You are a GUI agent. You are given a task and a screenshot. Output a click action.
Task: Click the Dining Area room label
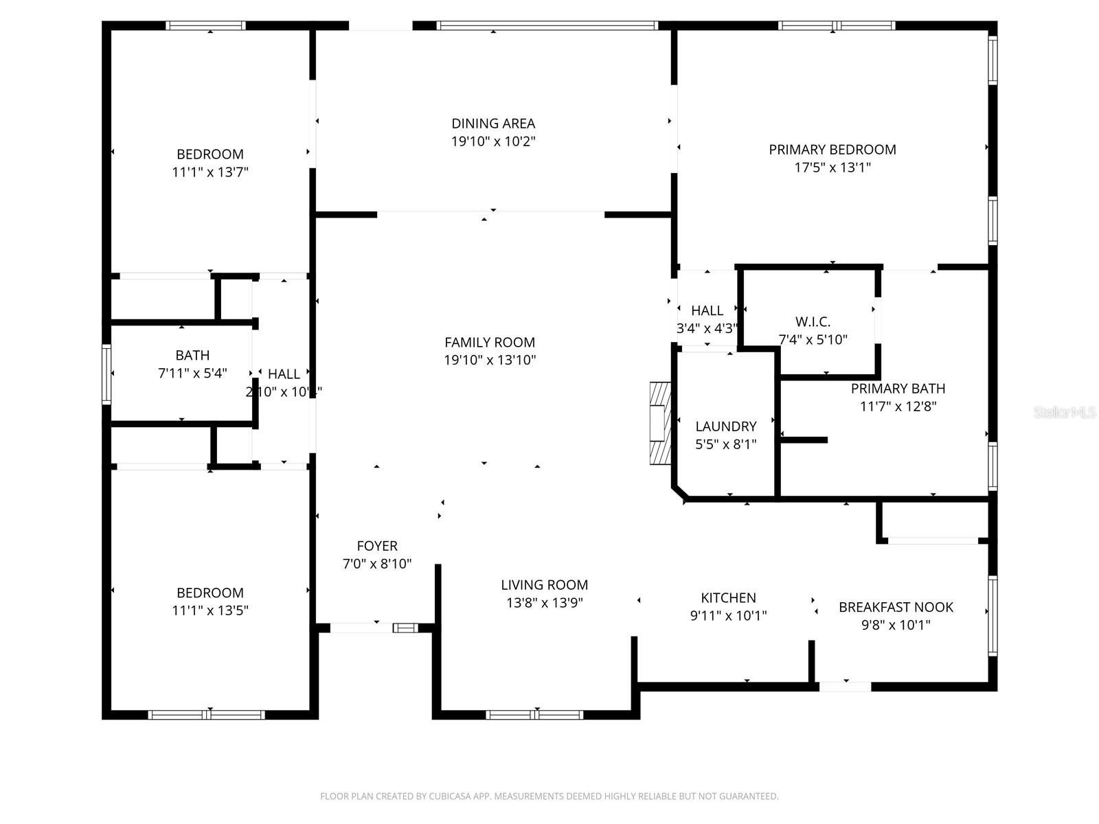pos(492,124)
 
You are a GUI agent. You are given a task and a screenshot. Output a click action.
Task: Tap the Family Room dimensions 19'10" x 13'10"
pos(490,360)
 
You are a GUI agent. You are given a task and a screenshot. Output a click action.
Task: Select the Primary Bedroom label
pos(832,150)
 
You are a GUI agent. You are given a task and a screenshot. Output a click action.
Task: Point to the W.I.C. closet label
pos(813,322)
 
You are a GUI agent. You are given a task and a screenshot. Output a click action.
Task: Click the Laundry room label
pos(725,426)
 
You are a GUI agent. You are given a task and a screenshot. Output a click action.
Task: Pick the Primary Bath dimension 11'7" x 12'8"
pos(898,407)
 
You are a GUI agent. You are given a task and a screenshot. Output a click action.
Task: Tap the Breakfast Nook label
pos(896,607)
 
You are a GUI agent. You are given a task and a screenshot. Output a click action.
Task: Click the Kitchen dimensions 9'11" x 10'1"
pos(728,616)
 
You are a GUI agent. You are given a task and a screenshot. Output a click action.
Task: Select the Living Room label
pos(544,585)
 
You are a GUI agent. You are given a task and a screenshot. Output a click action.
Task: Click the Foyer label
pos(377,546)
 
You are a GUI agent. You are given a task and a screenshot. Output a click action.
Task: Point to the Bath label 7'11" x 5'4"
pos(192,356)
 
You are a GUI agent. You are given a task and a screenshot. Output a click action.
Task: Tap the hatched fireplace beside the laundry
pos(660,423)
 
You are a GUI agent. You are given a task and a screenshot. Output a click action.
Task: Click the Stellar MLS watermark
pos(1064,413)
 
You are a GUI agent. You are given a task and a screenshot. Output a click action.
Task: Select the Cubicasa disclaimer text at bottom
pos(549,797)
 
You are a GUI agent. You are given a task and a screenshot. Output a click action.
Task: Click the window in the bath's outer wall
pos(106,374)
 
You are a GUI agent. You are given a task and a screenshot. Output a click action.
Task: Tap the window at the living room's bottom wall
pos(534,715)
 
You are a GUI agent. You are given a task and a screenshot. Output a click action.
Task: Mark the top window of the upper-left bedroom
pos(206,26)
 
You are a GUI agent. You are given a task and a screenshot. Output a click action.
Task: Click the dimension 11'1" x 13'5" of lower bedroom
pos(210,610)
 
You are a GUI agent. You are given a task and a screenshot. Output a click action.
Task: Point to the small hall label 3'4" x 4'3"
pos(707,329)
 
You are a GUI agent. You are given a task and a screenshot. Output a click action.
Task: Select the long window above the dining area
pos(547,26)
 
